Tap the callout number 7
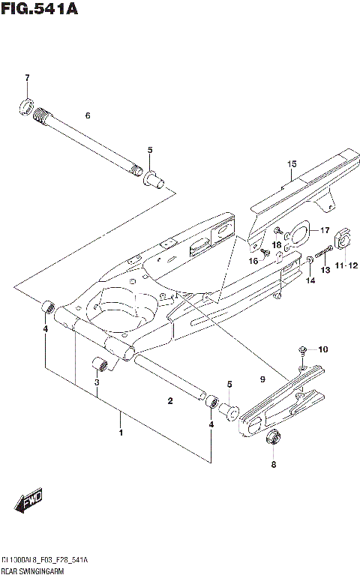[x=26, y=78]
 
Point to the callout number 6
[x=88, y=115]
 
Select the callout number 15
[x=292, y=163]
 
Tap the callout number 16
[x=253, y=260]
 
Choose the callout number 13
[x=325, y=269]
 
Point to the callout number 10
[x=323, y=349]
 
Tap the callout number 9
[x=263, y=380]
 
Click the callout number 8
[x=273, y=465]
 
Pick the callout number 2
[x=170, y=401]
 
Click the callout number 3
[x=96, y=384]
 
